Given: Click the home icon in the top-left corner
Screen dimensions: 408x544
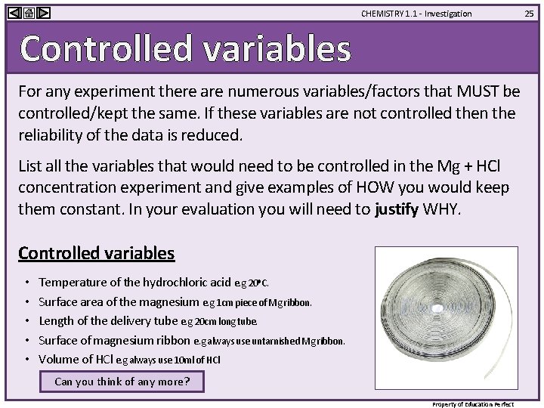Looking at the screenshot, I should coord(28,13).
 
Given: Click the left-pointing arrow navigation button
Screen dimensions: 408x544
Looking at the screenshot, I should coord(14,13).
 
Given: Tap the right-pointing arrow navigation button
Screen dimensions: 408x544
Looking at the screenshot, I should coord(43,13).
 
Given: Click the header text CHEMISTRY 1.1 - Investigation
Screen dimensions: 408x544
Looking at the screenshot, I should coord(416,14).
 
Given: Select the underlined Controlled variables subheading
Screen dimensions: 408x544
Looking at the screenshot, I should coord(96,253).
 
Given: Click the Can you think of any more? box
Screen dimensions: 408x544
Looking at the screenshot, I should coord(122,382).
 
